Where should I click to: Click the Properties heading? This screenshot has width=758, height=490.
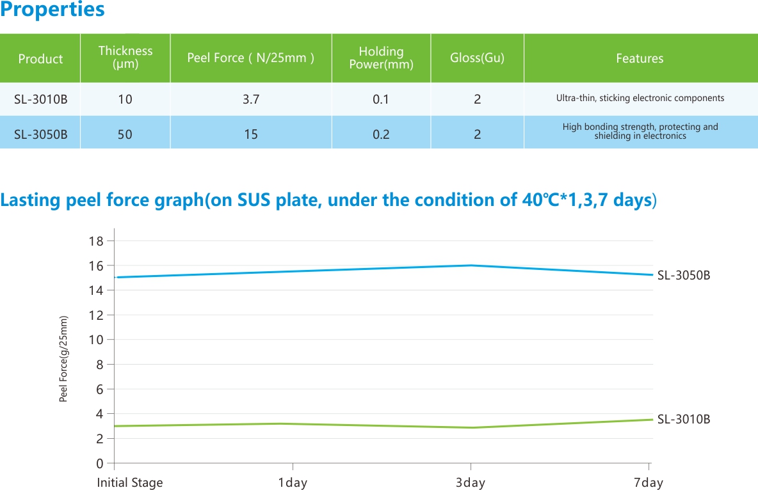coord(52,10)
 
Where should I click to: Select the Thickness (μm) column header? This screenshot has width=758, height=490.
coord(125,58)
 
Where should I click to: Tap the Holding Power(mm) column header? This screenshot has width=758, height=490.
coord(381,58)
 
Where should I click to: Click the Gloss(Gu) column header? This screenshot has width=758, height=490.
coord(477,58)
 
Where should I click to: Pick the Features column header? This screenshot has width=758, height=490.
coord(640,58)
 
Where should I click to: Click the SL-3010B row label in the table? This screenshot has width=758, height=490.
coord(40,99)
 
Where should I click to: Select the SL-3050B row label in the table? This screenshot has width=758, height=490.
coord(40,134)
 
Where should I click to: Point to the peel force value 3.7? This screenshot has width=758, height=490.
coord(251,99)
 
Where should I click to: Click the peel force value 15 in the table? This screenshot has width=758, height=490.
coord(251,134)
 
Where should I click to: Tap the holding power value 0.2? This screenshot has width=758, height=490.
coord(381,134)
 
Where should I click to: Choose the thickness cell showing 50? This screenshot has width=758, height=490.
coord(125,134)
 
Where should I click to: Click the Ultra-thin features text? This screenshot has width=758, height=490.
coord(640,99)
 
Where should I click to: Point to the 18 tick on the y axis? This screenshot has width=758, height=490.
coord(96,241)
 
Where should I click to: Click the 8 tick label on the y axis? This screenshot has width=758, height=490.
coord(99,365)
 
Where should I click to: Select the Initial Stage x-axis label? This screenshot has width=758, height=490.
coord(130,482)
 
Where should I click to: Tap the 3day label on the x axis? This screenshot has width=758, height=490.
coord(471,482)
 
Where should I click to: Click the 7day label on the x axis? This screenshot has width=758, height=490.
coord(649,482)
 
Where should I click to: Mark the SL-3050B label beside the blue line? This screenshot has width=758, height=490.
coord(684,276)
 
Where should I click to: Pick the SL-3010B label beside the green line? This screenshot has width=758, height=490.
coord(684,420)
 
